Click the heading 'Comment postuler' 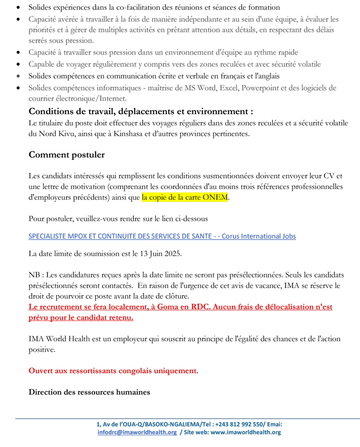(x=66, y=155)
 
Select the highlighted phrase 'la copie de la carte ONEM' (x=185, y=198)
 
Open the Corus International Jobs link (x=162, y=236)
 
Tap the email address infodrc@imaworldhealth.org (x=137, y=432)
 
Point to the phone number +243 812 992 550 (x=243, y=424)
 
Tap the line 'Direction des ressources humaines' (x=89, y=392)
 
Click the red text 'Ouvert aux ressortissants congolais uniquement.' (x=113, y=371)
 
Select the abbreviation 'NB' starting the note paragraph (x=34, y=274)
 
